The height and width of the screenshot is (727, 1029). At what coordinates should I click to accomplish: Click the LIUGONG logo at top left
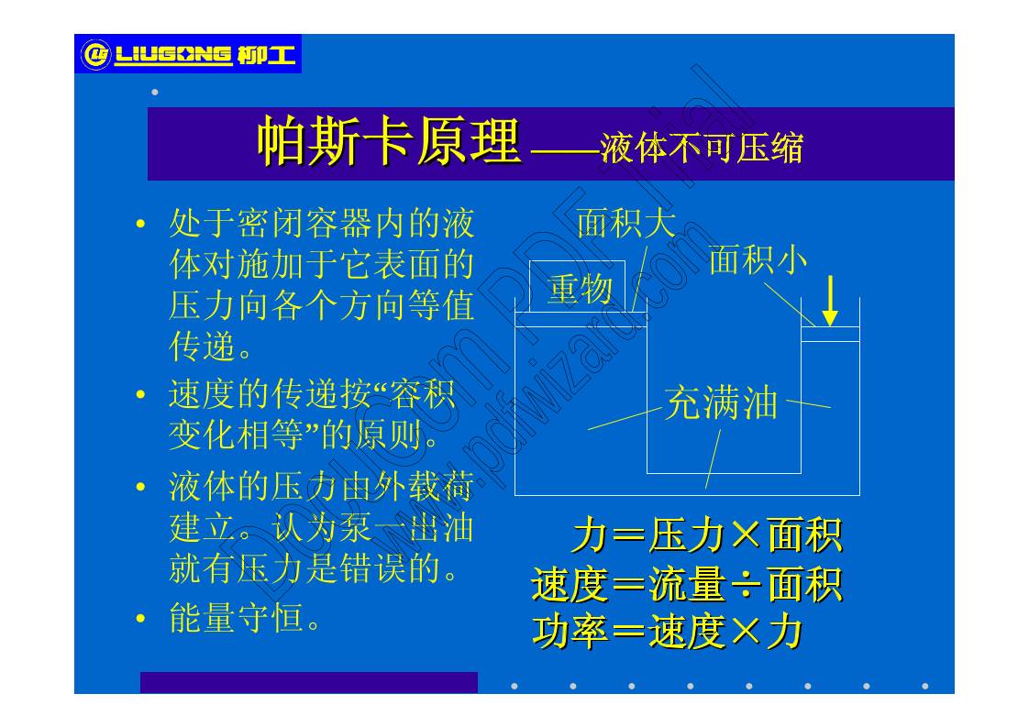(x=188, y=55)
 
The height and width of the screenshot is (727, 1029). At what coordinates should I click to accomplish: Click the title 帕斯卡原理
(x=389, y=142)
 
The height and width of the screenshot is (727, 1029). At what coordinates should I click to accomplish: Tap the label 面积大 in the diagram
(x=625, y=223)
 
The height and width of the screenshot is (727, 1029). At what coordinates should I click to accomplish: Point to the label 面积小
(x=758, y=260)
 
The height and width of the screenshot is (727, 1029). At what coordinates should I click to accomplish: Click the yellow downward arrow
(x=830, y=301)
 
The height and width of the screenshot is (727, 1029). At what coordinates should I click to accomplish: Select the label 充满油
(x=721, y=403)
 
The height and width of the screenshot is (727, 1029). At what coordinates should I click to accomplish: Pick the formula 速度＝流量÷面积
(x=687, y=584)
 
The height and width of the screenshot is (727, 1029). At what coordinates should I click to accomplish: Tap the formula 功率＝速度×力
(x=668, y=632)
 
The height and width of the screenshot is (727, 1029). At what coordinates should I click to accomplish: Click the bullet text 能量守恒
(x=245, y=618)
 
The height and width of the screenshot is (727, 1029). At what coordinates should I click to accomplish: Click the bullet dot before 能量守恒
(x=140, y=620)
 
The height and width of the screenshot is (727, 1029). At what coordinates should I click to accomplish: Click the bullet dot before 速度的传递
(x=140, y=396)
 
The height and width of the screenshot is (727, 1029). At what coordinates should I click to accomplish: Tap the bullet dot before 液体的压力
(x=140, y=487)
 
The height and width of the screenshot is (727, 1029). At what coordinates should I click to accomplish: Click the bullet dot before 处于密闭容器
(x=140, y=225)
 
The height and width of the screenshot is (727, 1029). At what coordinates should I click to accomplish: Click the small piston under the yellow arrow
(x=830, y=334)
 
